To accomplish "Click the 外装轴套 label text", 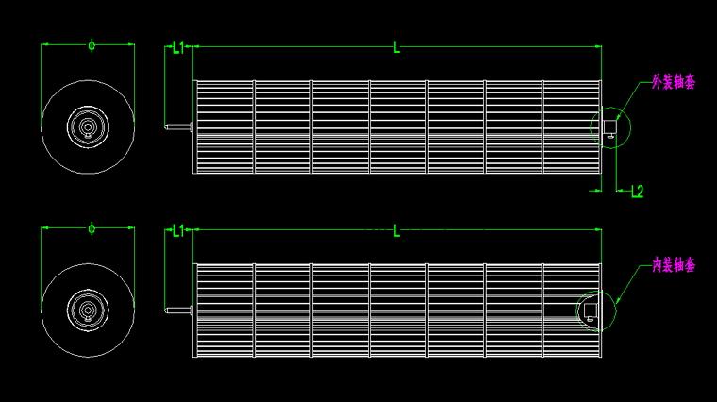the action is [674, 82].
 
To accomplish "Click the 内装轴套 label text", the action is [674, 265].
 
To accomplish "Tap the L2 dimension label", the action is [637, 192].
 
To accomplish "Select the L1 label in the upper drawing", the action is [178, 47].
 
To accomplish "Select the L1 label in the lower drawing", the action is [178, 230].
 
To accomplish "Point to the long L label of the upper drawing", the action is [396, 47].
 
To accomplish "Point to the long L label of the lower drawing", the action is [396, 230].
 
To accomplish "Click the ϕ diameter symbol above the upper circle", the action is [92, 45].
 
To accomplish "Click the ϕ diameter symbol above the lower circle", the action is [92, 228].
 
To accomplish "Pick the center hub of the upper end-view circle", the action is [88, 126].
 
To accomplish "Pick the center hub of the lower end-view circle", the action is [88, 310].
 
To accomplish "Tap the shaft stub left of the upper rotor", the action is [178, 126].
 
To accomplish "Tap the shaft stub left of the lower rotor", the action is [178, 310].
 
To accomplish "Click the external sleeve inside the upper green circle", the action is [610, 127].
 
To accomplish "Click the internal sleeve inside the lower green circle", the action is [591, 312].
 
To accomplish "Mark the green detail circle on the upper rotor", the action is [630, 128].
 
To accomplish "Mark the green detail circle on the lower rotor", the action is [616, 311].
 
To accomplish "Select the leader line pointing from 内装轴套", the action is [633, 283].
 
